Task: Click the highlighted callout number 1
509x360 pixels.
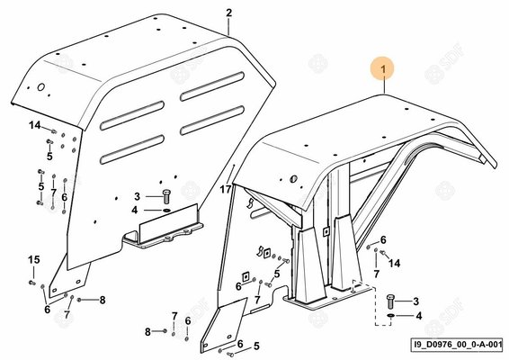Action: click(383, 69)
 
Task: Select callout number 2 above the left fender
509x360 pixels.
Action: click(229, 13)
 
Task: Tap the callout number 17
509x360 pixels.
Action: click(226, 189)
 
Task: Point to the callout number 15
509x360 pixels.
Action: click(34, 259)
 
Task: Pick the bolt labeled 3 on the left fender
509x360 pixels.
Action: click(167, 196)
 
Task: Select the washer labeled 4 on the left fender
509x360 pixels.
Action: click(167, 211)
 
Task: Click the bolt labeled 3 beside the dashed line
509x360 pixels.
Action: click(390, 301)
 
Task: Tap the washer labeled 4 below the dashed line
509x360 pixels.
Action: click(390, 316)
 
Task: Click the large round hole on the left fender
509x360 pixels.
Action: click(40, 87)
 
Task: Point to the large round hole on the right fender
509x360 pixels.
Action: click(293, 178)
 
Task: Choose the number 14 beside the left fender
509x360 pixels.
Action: click(35, 125)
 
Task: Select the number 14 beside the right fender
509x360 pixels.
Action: click(395, 263)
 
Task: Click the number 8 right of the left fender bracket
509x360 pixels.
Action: click(103, 300)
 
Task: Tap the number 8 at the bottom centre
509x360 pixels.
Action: click(147, 332)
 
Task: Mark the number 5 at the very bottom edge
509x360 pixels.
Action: click(256, 346)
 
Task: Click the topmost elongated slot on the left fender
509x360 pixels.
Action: click(212, 86)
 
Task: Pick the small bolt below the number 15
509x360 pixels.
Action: click(31, 283)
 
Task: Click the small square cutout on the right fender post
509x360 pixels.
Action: click(326, 230)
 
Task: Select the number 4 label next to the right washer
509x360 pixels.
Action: click(419, 316)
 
